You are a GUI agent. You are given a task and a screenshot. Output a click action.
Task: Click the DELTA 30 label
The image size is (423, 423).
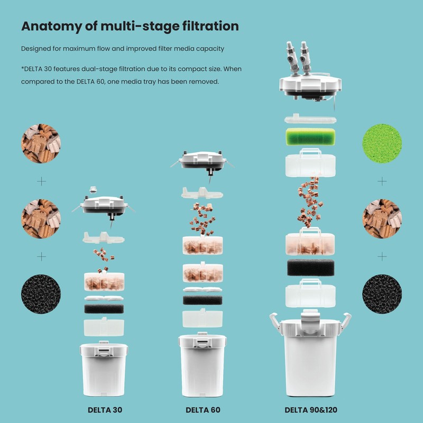click(x=105, y=410)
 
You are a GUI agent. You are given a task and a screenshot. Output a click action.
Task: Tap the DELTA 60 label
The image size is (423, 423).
click(x=203, y=410)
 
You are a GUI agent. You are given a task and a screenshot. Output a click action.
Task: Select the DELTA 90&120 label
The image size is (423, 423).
click(x=311, y=410)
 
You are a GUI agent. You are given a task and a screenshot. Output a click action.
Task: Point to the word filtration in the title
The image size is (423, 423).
click(x=210, y=26)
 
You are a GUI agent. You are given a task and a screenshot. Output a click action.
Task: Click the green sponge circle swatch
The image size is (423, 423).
click(x=382, y=143)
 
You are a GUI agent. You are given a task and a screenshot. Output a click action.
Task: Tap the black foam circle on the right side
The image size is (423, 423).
click(x=382, y=294)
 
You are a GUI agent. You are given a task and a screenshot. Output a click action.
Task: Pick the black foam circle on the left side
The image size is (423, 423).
click(x=41, y=294)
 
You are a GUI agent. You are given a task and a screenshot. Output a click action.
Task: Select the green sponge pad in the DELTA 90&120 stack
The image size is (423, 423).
click(x=310, y=137)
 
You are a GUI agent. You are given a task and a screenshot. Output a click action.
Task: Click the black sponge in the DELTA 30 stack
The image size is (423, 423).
click(x=104, y=309)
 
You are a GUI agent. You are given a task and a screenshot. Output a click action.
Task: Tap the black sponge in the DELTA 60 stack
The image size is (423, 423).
click(x=203, y=300)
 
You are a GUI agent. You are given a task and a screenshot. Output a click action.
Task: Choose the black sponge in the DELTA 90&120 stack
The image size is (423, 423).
click(x=310, y=268)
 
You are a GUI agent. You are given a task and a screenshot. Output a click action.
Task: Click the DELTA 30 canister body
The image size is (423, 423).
click(x=104, y=369)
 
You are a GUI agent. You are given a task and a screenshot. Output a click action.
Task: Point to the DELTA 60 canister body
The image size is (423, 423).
click(x=203, y=365)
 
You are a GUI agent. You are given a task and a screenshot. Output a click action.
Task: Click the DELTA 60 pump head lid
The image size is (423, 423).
click(x=203, y=162)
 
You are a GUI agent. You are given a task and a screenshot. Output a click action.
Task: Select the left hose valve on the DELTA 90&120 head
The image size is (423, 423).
click(x=292, y=57)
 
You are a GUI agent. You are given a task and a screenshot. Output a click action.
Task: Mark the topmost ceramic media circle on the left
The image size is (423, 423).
click(x=41, y=143)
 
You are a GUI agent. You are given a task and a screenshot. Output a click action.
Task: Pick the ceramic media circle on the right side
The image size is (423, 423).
click(x=382, y=219)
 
